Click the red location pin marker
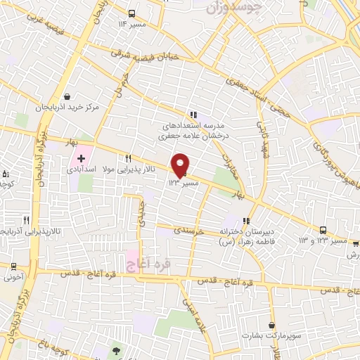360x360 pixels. click(180, 165)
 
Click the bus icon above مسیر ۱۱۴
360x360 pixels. click(133, 13)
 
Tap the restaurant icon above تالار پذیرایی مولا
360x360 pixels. click(128, 158)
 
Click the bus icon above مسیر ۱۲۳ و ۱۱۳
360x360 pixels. click(323, 230)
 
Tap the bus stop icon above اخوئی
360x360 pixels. click(13, 266)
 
